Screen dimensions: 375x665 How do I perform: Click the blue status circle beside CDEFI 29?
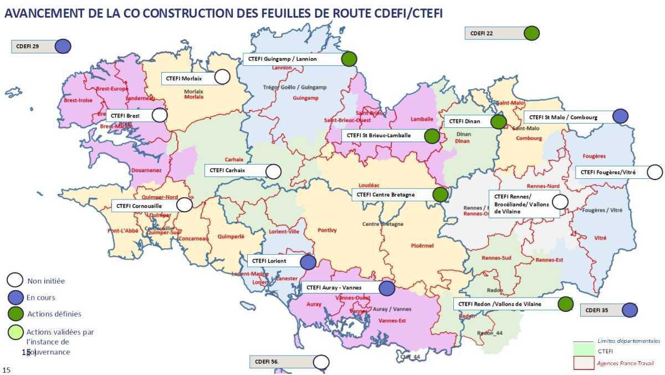pos(63,46)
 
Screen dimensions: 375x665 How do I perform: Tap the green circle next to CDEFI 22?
pos(532,33)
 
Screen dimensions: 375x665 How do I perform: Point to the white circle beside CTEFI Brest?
pos(160,115)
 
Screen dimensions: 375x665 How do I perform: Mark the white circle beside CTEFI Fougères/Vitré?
pos(654,172)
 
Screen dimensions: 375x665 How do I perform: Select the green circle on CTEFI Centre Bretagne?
pos(440,194)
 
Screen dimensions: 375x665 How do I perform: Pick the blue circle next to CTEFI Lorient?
pos(308,261)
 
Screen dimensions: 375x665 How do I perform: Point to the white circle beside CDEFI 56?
pos(321,362)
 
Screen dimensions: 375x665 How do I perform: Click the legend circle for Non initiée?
pos(15,281)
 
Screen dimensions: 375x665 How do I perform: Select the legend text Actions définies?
pos(54,314)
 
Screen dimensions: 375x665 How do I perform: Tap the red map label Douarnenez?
pos(146,171)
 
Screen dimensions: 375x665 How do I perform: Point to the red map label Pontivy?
pos(327,230)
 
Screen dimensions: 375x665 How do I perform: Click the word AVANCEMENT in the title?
pos(44,13)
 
